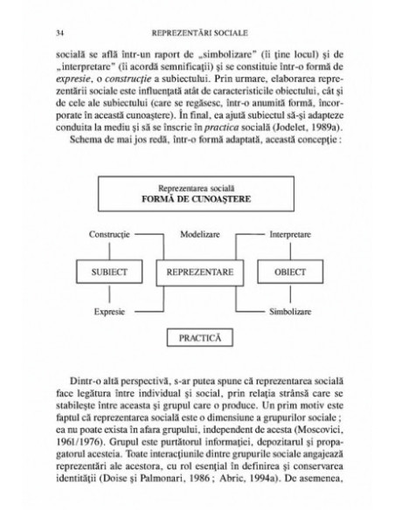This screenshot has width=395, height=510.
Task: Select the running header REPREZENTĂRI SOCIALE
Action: [x=197, y=33]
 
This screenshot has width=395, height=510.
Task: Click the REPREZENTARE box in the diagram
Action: [x=197, y=272]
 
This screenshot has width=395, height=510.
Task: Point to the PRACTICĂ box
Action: [x=198, y=336]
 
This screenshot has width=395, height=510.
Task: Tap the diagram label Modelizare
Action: [x=198, y=237]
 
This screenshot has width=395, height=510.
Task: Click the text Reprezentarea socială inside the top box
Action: [x=197, y=188]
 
